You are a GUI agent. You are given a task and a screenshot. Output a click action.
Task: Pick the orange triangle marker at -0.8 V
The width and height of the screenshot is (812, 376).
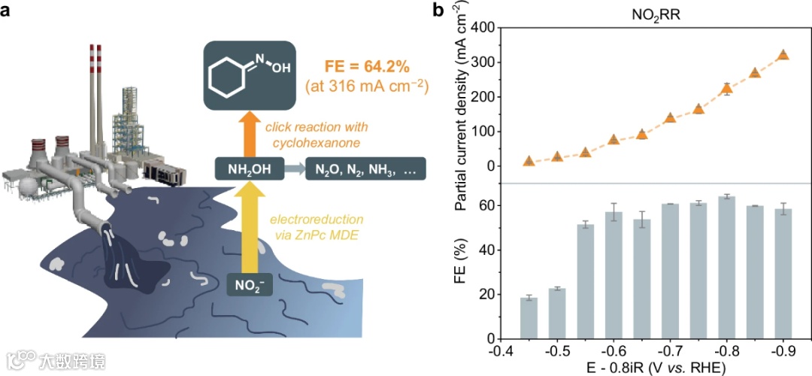coord(726,88)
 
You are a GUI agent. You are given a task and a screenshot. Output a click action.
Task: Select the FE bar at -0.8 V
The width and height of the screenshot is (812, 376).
coord(726,267)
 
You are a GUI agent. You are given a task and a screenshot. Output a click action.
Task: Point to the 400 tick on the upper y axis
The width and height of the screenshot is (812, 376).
coord(486,28)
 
